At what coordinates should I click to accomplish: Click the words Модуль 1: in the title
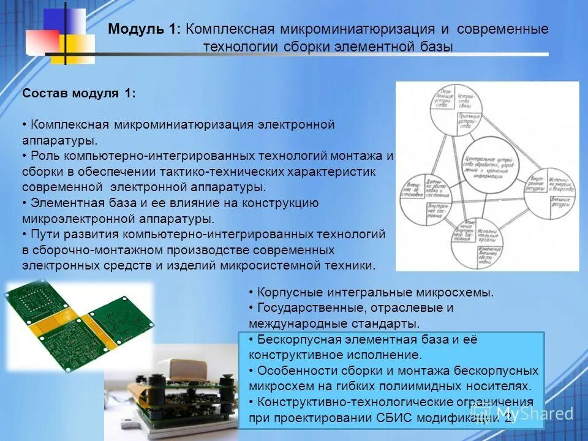point(144,29)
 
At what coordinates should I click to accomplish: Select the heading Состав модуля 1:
point(79,94)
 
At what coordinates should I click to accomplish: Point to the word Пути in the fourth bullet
point(43,234)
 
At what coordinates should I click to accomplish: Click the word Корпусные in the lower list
point(284,293)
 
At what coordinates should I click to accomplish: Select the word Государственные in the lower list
point(304,307)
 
